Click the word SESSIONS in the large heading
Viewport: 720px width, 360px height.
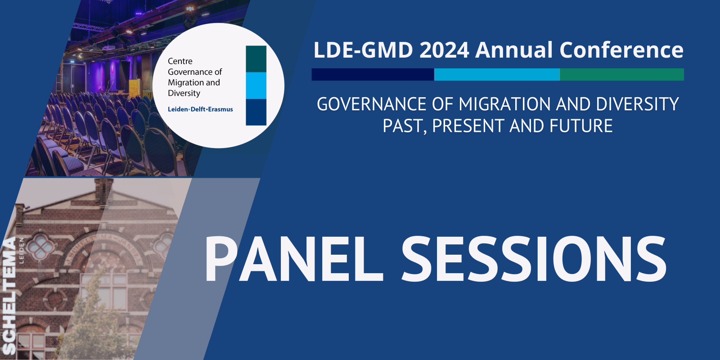pos(533,260)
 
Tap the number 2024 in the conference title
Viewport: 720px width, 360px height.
pos(444,50)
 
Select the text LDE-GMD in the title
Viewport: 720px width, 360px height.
pos(363,50)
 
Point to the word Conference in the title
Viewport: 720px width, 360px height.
pos(621,50)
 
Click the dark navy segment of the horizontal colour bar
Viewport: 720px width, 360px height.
pos(373,75)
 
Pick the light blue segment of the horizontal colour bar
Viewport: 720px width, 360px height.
pos(497,75)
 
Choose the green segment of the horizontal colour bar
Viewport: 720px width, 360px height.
pos(622,75)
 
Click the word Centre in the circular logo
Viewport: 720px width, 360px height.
pos(180,61)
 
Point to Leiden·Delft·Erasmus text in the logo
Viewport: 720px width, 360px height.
pos(200,109)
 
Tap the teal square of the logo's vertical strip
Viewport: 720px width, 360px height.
pos(256,59)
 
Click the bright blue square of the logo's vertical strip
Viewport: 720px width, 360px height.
pos(256,85)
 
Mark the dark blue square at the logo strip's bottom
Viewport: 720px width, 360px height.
pos(256,112)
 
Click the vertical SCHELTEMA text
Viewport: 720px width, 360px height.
pos(9,297)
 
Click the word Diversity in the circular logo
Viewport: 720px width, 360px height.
pos(184,93)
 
